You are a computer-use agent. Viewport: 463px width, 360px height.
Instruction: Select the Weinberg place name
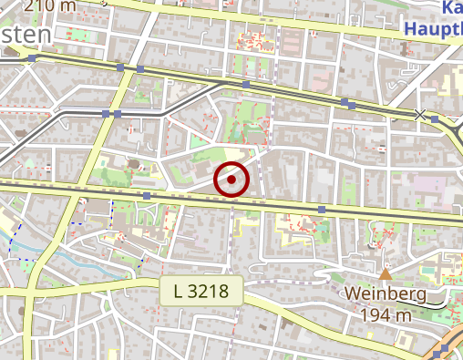[x=386, y=294]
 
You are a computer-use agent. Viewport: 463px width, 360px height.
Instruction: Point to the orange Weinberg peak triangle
[x=386, y=273]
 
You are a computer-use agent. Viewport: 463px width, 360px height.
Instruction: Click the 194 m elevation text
[x=386, y=314]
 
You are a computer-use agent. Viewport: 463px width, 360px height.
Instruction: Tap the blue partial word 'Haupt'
[x=432, y=28]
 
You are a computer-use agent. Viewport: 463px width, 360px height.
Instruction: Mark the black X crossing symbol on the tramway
[x=419, y=114]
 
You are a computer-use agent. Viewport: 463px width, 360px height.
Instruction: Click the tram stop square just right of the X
[x=436, y=118]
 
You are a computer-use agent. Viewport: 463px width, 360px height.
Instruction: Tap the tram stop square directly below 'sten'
[x=33, y=58]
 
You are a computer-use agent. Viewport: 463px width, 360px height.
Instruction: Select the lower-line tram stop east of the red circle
[x=322, y=209]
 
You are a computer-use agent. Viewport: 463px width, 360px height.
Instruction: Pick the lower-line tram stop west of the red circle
[x=147, y=195]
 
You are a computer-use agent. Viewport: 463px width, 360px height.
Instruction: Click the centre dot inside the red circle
[x=232, y=180]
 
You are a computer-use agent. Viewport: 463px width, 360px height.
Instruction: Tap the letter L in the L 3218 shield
[x=176, y=292]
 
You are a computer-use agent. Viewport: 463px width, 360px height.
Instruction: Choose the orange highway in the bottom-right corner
[x=448, y=346]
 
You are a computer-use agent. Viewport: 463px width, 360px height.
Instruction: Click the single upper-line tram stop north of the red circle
[x=246, y=85]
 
